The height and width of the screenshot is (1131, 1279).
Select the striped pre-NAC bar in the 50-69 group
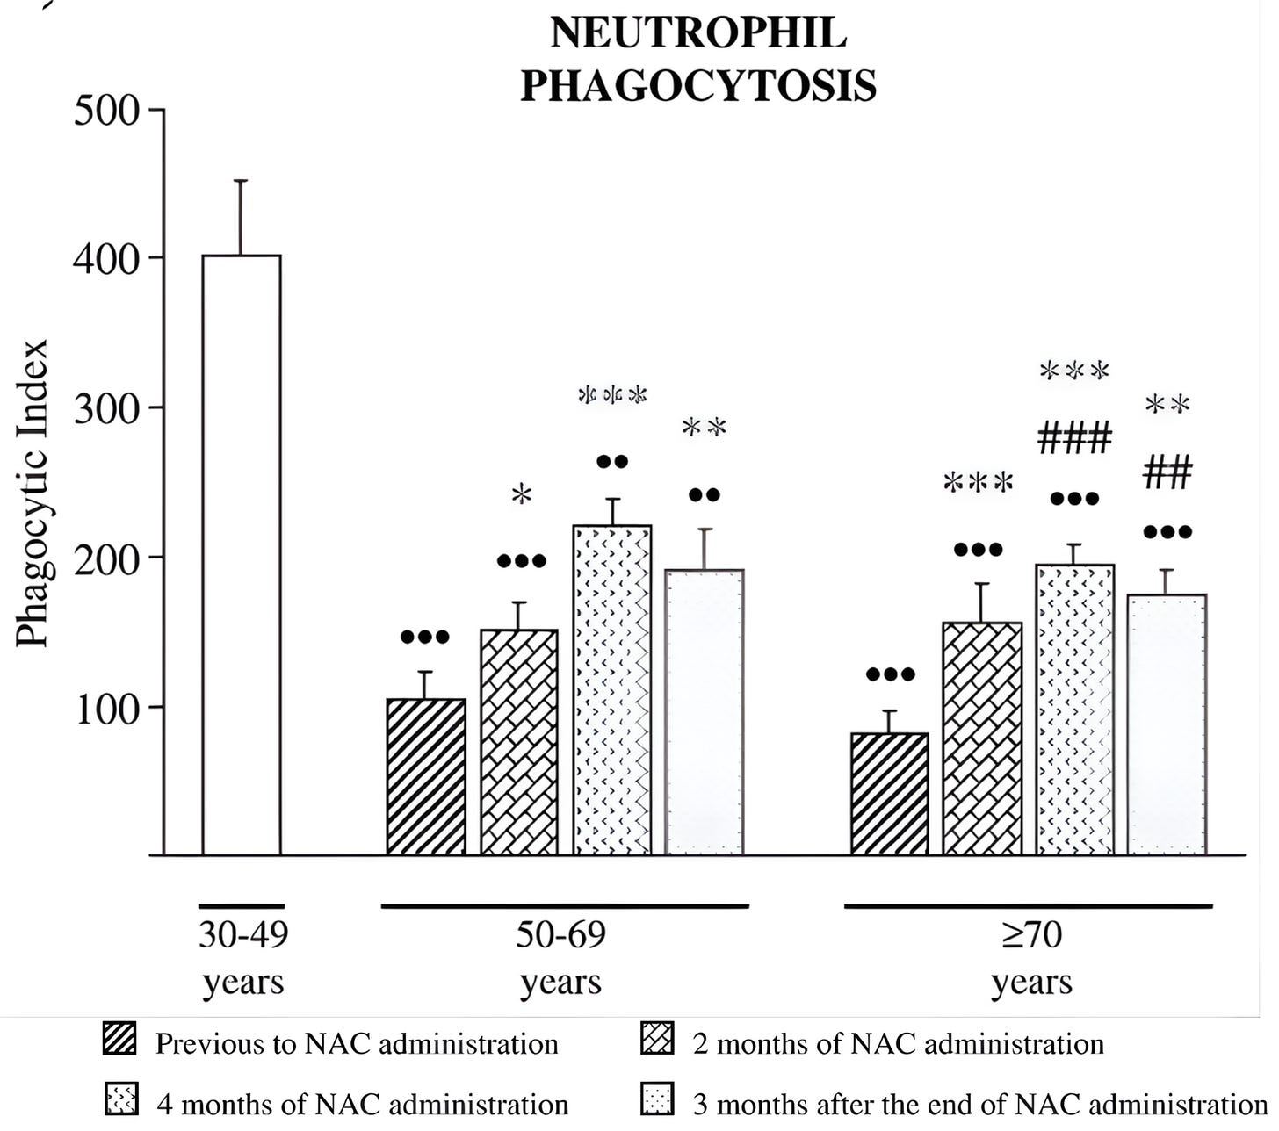[x=426, y=777]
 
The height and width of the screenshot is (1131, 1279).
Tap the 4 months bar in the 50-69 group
[x=612, y=690]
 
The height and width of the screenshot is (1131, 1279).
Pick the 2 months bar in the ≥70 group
[x=982, y=738]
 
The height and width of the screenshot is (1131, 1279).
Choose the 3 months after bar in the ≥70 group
[x=1167, y=724]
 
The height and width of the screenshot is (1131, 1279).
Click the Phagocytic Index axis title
[x=33, y=493]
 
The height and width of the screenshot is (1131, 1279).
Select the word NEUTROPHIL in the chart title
[x=698, y=33]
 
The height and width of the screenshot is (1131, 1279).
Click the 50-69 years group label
[x=560, y=957]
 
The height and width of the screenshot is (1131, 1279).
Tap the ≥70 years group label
[x=1031, y=957]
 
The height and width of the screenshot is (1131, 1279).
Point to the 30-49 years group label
[x=242, y=957]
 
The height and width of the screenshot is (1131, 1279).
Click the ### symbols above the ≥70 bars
[x=1074, y=437]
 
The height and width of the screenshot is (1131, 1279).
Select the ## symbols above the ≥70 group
[x=1167, y=473]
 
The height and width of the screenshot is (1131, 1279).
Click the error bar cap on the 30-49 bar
[x=241, y=181]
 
